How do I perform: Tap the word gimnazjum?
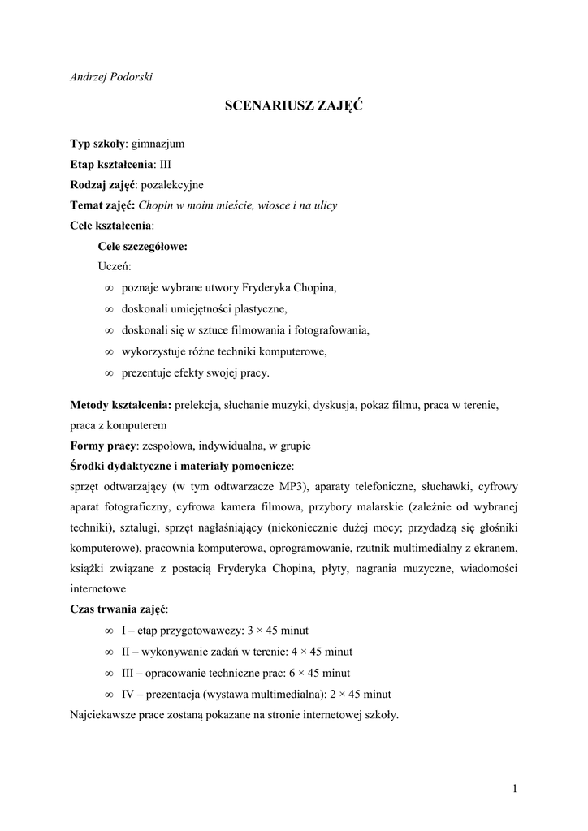(158, 144)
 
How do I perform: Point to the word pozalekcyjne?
(171, 184)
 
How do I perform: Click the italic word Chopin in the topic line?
(156, 205)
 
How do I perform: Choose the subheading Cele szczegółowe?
(142, 247)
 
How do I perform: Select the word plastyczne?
(260, 309)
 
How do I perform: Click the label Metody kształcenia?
(119, 404)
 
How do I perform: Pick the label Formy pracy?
(103, 446)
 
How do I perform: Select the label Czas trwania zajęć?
(118, 609)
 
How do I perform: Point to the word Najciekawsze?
(102, 715)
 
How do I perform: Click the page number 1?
(515, 787)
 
